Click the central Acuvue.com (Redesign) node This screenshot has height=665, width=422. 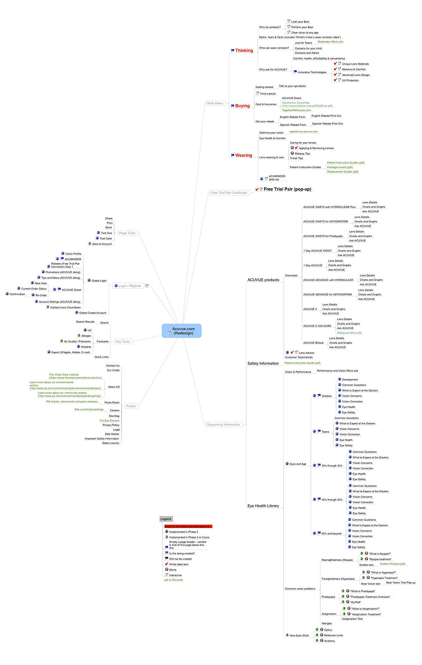(x=182, y=331)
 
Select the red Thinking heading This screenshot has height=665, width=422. (x=244, y=50)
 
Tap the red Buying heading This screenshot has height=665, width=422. (x=242, y=106)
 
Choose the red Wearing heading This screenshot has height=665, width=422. (x=243, y=155)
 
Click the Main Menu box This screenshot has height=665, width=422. (x=215, y=103)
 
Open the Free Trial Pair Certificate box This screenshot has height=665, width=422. (x=229, y=193)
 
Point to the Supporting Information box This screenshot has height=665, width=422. (x=223, y=424)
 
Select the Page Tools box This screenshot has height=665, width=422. (x=127, y=233)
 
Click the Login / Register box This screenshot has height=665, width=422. (x=130, y=286)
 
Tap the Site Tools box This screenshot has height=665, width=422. (x=122, y=342)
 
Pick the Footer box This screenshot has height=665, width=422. (x=131, y=406)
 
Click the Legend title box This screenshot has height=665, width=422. (x=166, y=519)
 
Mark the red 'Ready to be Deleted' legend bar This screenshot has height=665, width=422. (x=188, y=526)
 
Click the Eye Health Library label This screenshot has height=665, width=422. (x=263, y=506)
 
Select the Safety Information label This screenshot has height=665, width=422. (x=263, y=364)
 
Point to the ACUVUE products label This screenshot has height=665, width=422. (x=263, y=280)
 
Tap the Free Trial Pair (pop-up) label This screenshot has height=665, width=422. (x=287, y=189)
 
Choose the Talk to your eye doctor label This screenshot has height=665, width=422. (x=292, y=86)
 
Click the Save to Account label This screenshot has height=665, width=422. (x=102, y=244)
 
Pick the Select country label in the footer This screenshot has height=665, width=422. (x=111, y=443)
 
